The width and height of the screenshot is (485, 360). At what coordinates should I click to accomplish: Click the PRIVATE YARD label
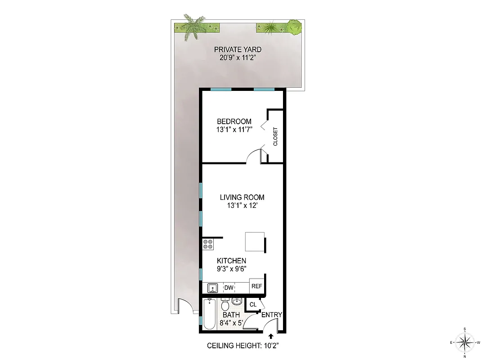pyautogui.click(x=238, y=49)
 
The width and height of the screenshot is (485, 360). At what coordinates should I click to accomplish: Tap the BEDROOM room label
pyautogui.click(x=234, y=121)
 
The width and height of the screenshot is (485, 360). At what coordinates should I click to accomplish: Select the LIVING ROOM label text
pyautogui.click(x=242, y=197)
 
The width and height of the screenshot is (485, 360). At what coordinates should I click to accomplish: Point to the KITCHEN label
pyautogui.click(x=231, y=261)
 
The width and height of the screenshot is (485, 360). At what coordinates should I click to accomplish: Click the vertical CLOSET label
pyautogui.click(x=275, y=137)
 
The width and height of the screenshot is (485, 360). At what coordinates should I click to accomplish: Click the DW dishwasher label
pyautogui.click(x=229, y=288)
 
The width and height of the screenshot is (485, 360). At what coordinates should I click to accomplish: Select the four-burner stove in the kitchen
pyautogui.click(x=208, y=244)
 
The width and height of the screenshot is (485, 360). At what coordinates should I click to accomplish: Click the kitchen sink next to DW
pyautogui.click(x=212, y=288)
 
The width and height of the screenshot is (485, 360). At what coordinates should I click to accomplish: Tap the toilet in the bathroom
pyautogui.click(x=225, y=304)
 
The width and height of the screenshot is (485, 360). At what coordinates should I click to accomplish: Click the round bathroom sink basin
pyautogui.click(x=237, y=301)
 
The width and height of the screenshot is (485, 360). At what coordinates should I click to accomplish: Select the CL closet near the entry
pyautogui.click(x=253, y=305)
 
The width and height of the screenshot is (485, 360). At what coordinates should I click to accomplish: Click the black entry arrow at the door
pyautogui.click(x=271, y=336)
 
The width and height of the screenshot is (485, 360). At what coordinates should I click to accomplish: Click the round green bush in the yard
pyautogui.click(x=294, y=27)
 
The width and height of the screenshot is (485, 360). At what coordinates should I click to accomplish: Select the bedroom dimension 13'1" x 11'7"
pyautogui.click(x=234, y=130)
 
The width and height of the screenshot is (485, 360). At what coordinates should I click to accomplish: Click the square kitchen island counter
pyautogui.click(x=254, y=242)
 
